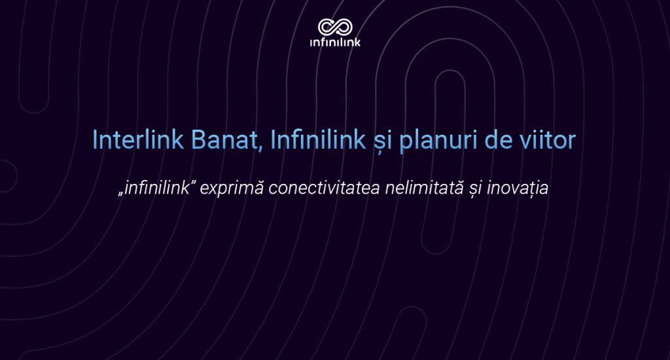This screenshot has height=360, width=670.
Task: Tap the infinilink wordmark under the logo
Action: point(335,42)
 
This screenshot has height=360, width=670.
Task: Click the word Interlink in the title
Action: point(138,139)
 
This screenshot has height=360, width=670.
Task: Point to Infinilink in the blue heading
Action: point(318,139)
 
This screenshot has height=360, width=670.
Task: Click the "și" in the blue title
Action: point(382,141)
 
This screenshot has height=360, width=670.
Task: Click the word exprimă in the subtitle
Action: point(232,189)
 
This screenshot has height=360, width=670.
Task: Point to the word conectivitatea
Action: point(325,188)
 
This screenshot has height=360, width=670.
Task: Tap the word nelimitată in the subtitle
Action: point(424,188)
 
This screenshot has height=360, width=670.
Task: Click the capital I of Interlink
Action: point(95,139)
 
